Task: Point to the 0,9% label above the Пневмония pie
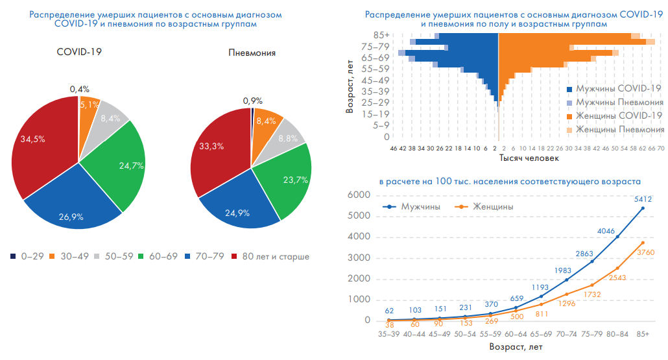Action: (x=252, y=101)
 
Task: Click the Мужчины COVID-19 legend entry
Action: (x=617, y=89)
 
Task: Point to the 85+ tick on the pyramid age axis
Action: (x=381, y=35)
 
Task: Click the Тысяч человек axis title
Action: (x=527, y=158)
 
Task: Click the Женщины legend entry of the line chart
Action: (x=490, y=206)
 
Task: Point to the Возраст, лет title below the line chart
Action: (x=516, y=348)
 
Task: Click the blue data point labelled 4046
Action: (x=617, y=237)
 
